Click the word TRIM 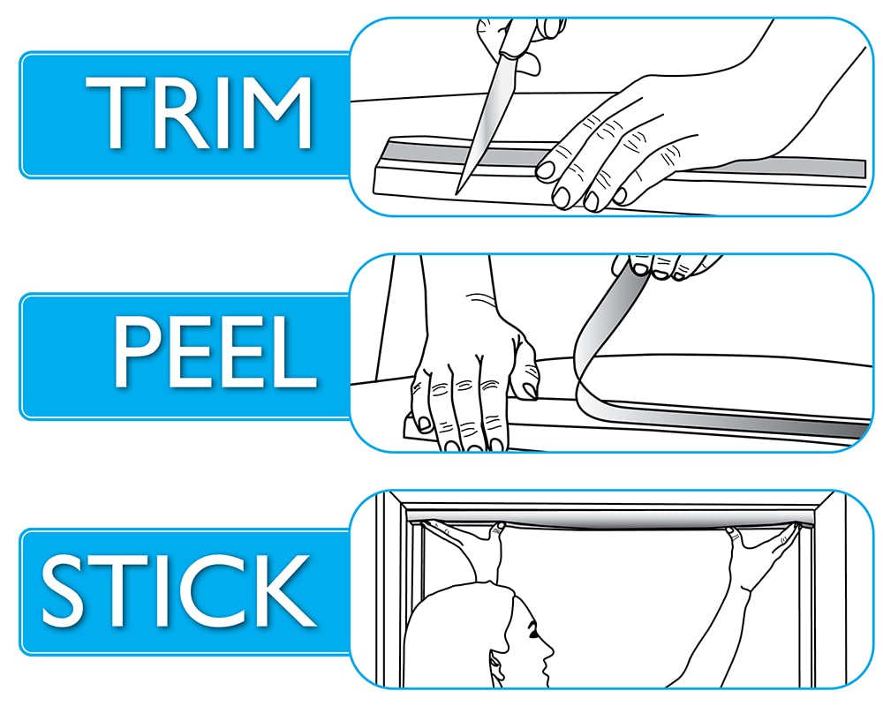coord(199,113)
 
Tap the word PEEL coord(215,351)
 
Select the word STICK coord(178,590)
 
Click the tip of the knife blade coord(457,193)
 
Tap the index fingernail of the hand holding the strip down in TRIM coord(545,170)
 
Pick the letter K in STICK coord(287,590)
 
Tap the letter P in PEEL coord(138,351)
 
